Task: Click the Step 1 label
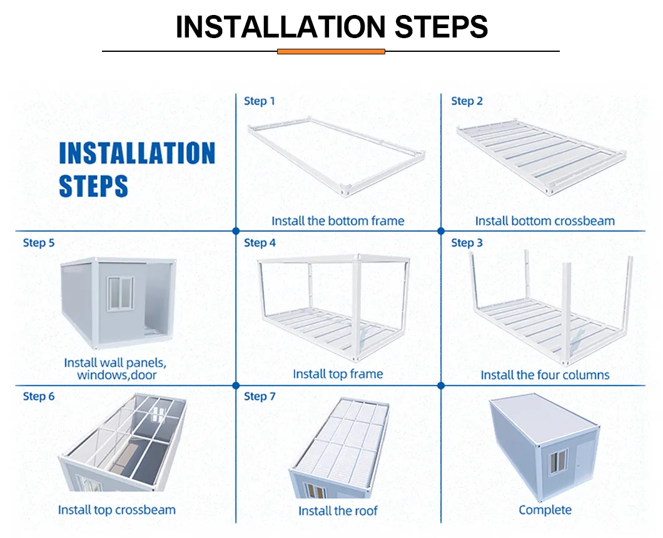(x=259, y=101)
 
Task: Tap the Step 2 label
(x=467, y=101)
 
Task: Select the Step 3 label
(x=467, y=243)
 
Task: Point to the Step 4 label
(x=260, y=243)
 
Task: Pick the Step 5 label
(x=39, y=243)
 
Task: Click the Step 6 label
(x=39, y=396)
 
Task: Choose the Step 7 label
(x=260, y=396)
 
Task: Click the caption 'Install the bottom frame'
(x=338, y=221)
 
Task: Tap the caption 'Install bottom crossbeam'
(x=545, y=221)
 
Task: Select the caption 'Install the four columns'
(x=545, y=375)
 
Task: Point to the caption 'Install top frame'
(x=338, y=374)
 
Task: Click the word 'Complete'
(x=545, y=510)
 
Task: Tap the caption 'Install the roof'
(x=338, y=511)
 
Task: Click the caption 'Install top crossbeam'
(x=117, y=510)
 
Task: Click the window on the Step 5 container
(x=121, y=294)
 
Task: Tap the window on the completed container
(x=558, y=462)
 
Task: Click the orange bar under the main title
(x=331, y=51)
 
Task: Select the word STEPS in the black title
(x=441, y=27)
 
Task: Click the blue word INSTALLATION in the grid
(x=137, y=153)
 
